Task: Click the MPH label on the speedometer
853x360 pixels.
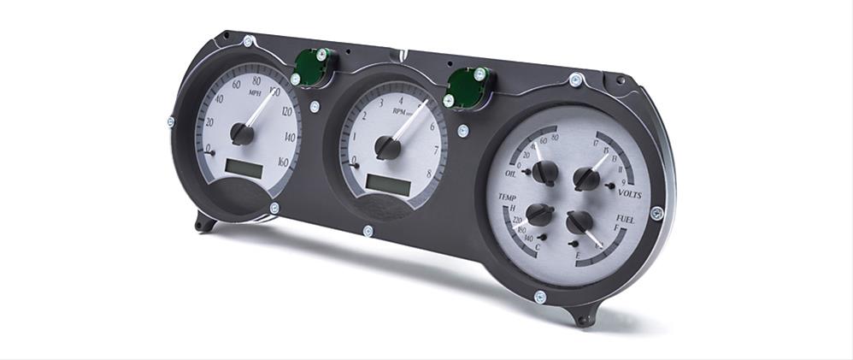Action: pyautogui.click(x=255, y=92)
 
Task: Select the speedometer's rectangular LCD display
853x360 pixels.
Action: pyautogui.click(x=244, y=168)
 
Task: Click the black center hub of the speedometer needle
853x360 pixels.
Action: pyautogui.click(x=242, y=133)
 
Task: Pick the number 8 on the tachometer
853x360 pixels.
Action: pyautogui.click(x=428, y=174)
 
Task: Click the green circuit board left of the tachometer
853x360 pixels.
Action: pyautogui.click(x=310, y=68)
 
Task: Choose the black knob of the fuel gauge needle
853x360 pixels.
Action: pyautogui.click(x=579, y=222)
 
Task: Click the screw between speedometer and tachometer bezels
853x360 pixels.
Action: pyautogui.click(x=315, y=107)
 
